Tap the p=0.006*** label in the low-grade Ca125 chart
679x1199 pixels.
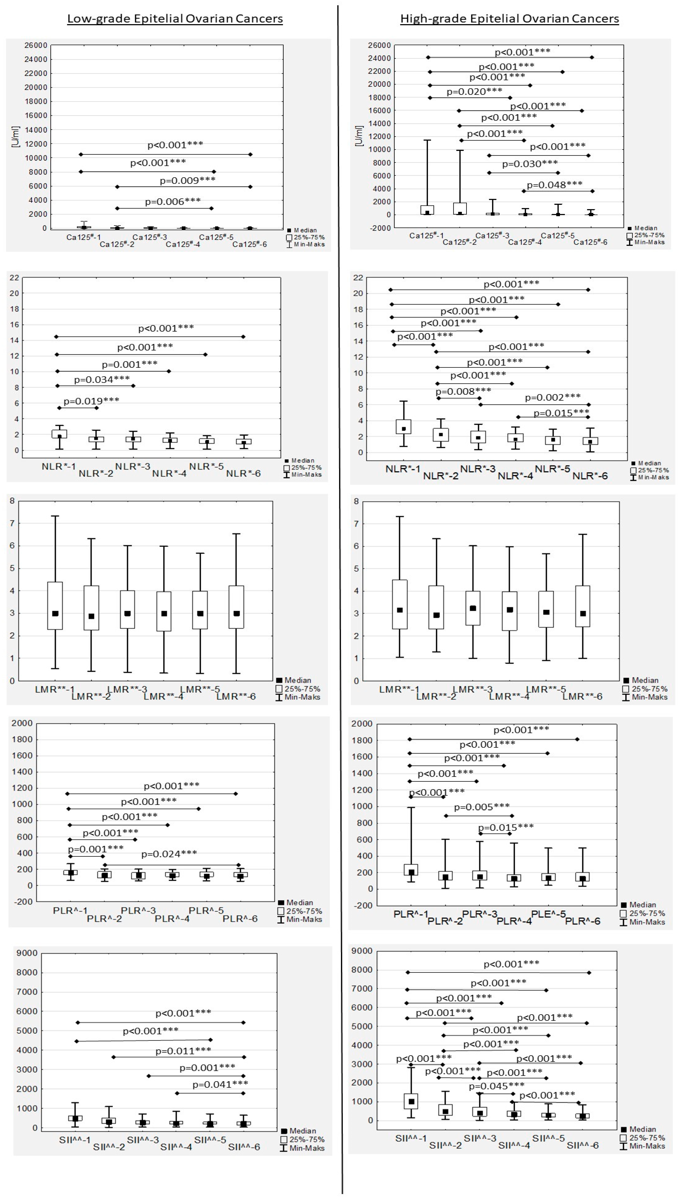point(173,201)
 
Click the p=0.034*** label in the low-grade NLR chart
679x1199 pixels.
point(102,379)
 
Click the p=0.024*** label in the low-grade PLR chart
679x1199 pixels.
point(169,854)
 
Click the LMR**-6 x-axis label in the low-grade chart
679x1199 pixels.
point(236,697)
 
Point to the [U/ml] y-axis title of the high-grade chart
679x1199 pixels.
point(359,136)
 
